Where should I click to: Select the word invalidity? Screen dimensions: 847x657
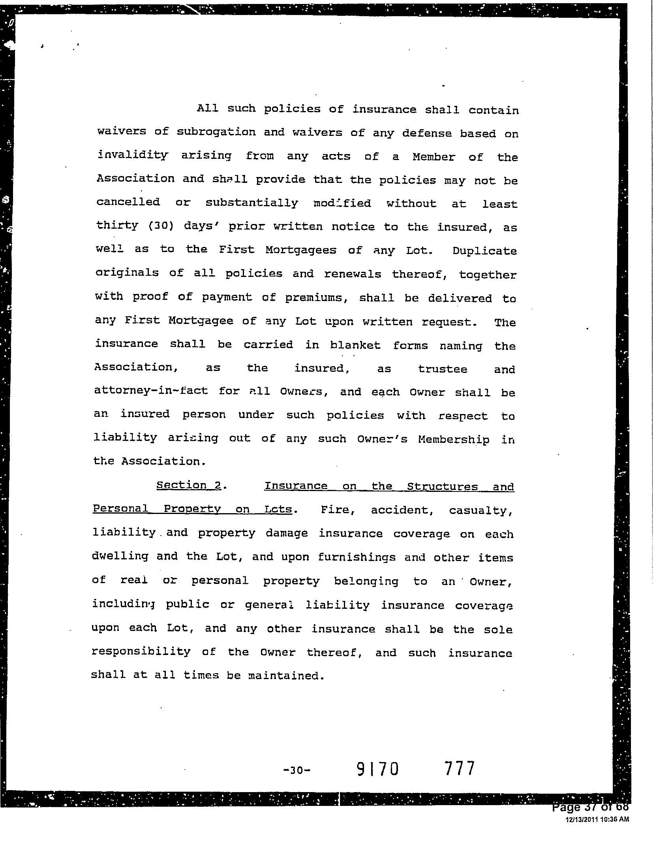pyautogui.click(x=132, y=155)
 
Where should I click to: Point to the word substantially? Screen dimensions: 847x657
pyautogui.click(x=252, y=203)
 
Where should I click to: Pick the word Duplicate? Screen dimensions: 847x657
pyautogui.click(x=484, y=251)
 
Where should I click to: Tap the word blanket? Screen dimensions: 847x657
pyautogui.click(x=355, y=345)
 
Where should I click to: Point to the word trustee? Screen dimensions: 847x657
pyautogui.click(x=443, y=369)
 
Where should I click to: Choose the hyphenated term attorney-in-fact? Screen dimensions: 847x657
pyautogui.click(x=151, y=391)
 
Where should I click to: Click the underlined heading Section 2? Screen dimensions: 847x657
pyautogui.click(x=189, y=485)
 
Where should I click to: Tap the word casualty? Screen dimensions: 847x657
pyautogui.click(x=481, y=510)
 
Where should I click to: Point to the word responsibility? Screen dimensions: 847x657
pyautogui.click(x=141, y=651)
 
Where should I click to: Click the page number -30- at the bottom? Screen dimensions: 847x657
pyautogui.click(x=297, y=770)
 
